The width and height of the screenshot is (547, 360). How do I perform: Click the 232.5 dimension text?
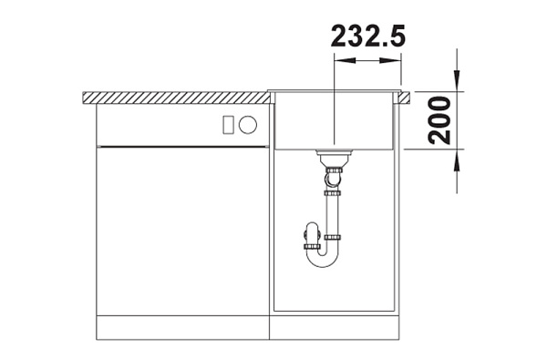tap(368, 36)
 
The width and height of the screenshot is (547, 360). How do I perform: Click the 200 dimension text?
tap(439, 120)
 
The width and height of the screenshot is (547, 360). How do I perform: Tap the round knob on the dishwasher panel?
tap(248, 125)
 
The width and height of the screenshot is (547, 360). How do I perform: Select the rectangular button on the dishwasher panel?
tap(229, 125)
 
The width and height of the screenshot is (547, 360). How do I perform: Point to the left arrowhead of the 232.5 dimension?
tap(345, 60)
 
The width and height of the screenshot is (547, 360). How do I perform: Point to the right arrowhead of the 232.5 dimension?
tap(390, 60)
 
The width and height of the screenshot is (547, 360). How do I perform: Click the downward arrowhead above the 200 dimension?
tap(457, 81)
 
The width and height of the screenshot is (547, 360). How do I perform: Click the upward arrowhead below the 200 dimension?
tap(457, 160)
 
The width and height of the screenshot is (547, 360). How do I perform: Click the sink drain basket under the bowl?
tap(334, 158)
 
